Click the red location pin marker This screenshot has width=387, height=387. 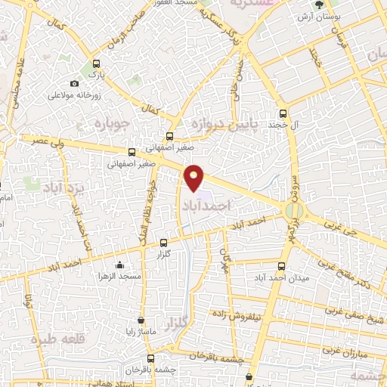pos(195,178)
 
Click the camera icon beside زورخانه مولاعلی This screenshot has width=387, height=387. pos(74,84)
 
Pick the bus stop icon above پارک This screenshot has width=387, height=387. pos(95,64)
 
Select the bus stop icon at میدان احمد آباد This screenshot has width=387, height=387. pos(282,266)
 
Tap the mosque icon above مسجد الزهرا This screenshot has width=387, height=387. pos(120,265)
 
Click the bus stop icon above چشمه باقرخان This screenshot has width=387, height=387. pos(151,358)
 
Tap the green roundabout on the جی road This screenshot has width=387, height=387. pos(293,209)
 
